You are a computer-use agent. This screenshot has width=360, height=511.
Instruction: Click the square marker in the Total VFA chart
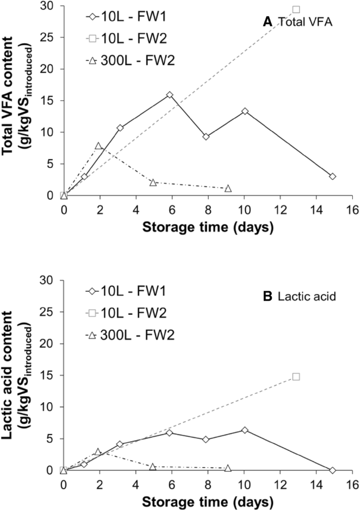[x=296, y=9]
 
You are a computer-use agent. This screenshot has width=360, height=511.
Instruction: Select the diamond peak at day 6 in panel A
[x=170, y=95]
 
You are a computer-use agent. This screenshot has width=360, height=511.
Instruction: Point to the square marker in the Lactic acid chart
[x=296, y=376]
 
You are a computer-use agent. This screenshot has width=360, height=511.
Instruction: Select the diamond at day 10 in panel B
[x=245, y=430]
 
